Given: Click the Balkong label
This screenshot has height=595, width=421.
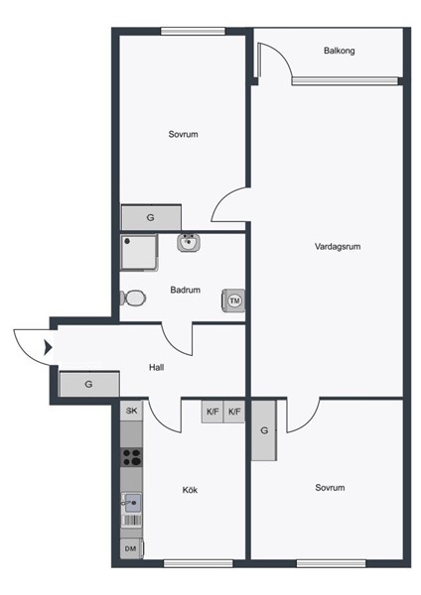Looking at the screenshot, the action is [x=339, y=51].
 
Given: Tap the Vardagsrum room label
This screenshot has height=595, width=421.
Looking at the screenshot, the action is [x=338, y=247].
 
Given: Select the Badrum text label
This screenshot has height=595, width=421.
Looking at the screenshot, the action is [x=185, y=290].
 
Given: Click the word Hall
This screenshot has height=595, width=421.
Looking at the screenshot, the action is [x=156, y=367].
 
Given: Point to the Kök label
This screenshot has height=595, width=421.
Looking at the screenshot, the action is [x=190, y=490].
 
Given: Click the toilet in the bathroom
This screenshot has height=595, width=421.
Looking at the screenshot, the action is [x=133, y=297].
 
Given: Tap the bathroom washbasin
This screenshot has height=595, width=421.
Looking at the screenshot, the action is [x=189, y=243].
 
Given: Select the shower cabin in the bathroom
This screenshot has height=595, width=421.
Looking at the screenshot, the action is [x=139, y=252].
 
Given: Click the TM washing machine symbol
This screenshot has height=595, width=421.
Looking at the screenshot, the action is [x=233, y=300].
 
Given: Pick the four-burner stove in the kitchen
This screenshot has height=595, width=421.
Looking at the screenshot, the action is [x=131, y=457].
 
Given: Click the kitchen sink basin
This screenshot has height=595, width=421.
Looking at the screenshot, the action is [x=132, y=503].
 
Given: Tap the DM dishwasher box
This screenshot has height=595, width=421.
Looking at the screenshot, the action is [x=131, y=548].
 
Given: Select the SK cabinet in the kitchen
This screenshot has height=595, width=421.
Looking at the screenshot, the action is [x=131, y=411].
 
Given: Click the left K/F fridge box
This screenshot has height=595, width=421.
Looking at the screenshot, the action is [x=212, y=412].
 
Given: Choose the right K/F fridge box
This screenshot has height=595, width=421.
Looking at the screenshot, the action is [x=234, y=412].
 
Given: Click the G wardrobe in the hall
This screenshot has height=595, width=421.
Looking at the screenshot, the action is [x=89, y=384].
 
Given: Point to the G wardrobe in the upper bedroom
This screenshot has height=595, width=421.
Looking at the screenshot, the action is [x=151, y=217].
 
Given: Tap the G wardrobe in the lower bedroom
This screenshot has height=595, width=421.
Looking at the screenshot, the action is [x=264, y=430].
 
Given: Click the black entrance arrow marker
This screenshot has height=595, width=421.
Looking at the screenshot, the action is [x=48, y=347].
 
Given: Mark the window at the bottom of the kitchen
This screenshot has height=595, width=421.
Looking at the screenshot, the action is [x=198, y=563].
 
